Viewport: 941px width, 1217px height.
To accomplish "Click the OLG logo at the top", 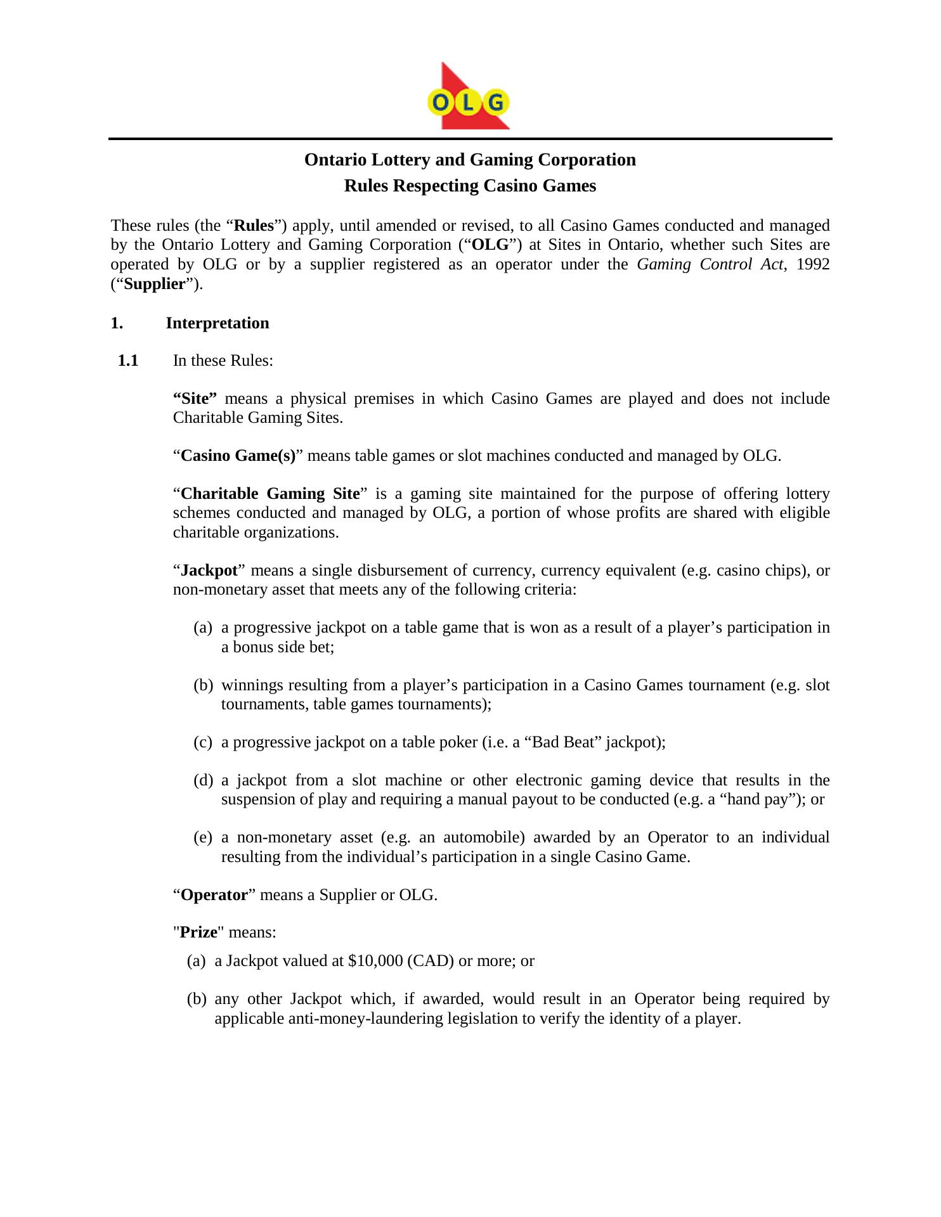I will point(469,96).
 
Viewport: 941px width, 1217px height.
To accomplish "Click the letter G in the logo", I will point(496,102).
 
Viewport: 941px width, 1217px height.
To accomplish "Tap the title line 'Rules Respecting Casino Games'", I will point(470,186).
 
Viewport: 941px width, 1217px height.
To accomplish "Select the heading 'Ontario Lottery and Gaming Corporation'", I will point(470,160).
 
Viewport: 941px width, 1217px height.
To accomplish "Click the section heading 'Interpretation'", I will point(217,323).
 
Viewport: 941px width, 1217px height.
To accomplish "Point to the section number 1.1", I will point(128,361).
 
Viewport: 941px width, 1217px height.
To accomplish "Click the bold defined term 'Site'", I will point(195,399).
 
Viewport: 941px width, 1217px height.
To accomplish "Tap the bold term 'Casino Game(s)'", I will point(238,456).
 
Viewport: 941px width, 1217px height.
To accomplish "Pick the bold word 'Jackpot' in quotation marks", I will point(209,570).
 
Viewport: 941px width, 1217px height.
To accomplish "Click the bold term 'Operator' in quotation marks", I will point(214,895).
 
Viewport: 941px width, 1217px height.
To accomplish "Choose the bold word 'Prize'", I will point(198,932).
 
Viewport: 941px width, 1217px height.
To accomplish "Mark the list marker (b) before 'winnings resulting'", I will point(203,685).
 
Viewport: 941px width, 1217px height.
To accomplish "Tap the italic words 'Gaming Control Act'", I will point(710,264).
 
